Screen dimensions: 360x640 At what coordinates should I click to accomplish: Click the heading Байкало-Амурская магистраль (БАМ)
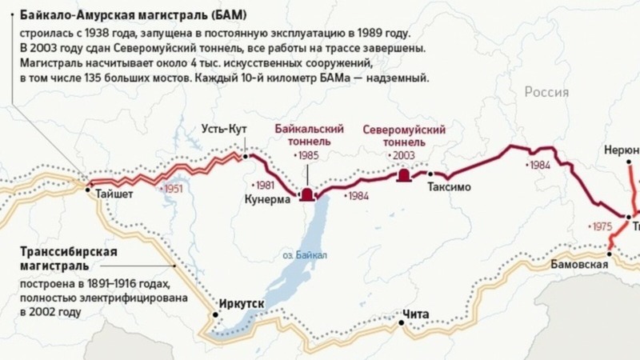coord(134,15)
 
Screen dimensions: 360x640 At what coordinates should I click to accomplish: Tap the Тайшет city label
coord(114,193)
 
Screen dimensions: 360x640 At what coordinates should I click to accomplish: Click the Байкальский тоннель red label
coord(309,135)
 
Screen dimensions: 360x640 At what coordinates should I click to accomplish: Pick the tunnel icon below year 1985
coord(307,194)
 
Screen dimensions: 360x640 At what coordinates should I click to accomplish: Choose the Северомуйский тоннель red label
coord(404,135)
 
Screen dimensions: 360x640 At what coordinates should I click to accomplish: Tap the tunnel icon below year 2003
coord(404,175)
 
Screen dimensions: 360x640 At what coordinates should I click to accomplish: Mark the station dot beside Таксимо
coord(430,174)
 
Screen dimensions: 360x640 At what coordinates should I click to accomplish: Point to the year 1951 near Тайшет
coord(171,190)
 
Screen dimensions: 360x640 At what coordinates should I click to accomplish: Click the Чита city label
coord(416,313)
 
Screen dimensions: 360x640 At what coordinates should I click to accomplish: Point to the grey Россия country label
coord(546,93)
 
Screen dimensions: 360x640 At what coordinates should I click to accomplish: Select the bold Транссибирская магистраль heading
coord(69,259)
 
